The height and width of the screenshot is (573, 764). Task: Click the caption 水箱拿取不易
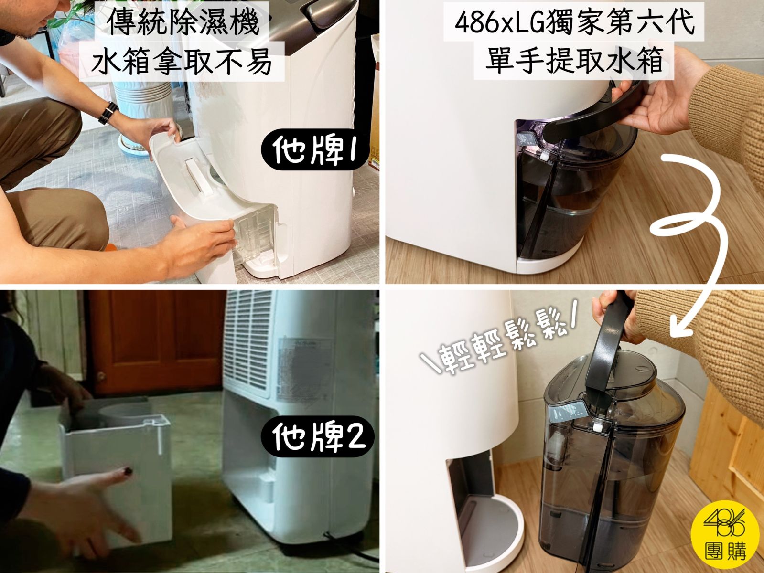point(182,62)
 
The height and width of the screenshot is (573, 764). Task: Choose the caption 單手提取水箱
point(574,61)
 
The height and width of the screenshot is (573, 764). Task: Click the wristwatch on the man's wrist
point(108,113)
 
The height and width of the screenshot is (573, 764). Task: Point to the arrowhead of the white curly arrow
point(679,328)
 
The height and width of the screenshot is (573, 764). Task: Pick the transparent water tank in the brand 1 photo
point(256,233)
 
